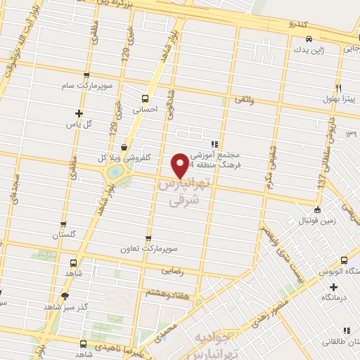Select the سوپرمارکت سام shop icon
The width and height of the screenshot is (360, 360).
click(x=86, y=75)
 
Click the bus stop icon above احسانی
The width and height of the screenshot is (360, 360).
click(x=146, y=98)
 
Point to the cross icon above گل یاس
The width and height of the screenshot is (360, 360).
click(x=79, y=113)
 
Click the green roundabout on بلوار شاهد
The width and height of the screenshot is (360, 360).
click(x=113, y=172)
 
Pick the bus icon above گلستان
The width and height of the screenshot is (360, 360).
click(x=64, y=224)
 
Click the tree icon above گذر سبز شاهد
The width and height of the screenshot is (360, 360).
click(x=65, y=296)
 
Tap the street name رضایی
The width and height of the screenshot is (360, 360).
click(x=172, y=269)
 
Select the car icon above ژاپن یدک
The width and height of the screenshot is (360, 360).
click(x=307, y=39)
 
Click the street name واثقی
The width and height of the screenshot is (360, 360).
click(x=241, y=102)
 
